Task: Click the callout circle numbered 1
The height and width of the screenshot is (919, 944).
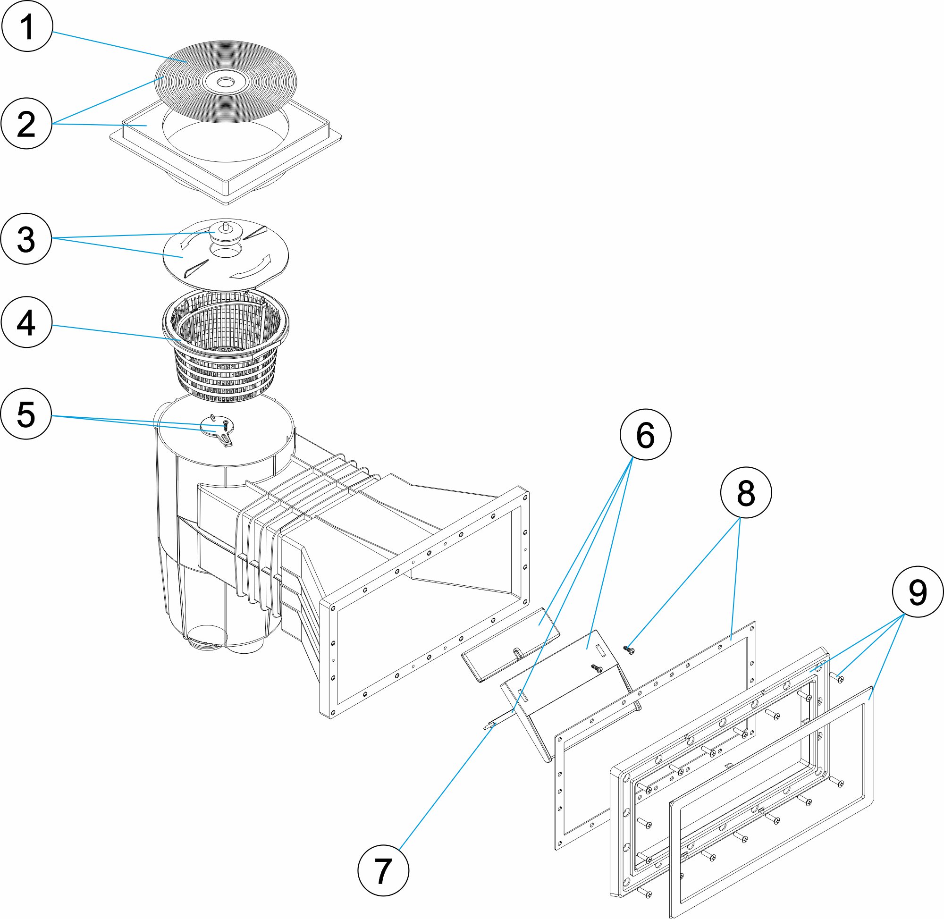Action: (x=26, y=26)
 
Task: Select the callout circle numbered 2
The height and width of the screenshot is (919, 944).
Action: (x=26, y=124)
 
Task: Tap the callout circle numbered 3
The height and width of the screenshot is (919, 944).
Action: (x=26, y=238)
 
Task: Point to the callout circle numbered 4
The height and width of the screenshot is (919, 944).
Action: (x=26, y=322)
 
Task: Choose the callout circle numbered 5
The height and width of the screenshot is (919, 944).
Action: (x=26, y=413)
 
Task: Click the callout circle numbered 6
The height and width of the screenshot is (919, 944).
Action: (x=645, y=434)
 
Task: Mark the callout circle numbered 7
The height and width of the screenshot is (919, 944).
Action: (x=383, y=870)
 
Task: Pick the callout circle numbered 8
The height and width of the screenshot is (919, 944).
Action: (x=746, y=492)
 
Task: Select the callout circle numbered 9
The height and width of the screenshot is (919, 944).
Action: (x=918, y=592)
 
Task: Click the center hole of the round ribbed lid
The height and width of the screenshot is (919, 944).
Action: (x=224, y=83)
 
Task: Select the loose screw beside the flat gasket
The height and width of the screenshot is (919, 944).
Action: (x=629, y=650)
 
